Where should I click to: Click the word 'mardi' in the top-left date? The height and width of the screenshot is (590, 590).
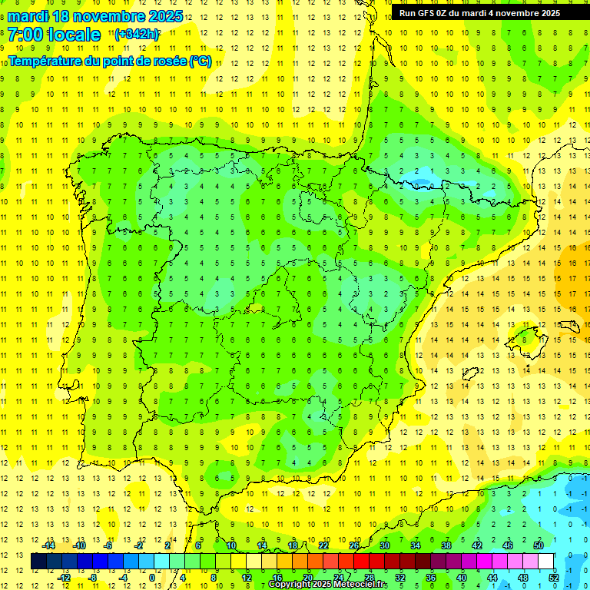coord(28,16)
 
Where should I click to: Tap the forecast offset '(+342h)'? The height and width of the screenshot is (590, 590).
coord(137,35)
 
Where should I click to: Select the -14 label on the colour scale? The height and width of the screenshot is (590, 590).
coord(48,545)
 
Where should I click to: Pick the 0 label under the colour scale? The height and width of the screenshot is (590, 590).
coord(151,578)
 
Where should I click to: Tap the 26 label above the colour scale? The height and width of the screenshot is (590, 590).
coord(353,545)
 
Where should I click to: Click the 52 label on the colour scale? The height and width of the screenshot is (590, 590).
coord(554,578)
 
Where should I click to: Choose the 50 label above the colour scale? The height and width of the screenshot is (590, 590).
coord(539,545)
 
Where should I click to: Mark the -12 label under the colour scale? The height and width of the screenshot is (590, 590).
coord(64,578)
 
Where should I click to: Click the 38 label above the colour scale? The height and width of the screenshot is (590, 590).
coord(446,545)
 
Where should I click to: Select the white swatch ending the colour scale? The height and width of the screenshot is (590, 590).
coord(546,562)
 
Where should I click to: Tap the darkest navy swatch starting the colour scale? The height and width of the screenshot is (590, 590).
coord(38,562)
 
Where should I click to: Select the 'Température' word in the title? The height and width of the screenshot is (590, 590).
coord(45,61)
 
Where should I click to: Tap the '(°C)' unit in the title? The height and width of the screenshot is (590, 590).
coord(201,61)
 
